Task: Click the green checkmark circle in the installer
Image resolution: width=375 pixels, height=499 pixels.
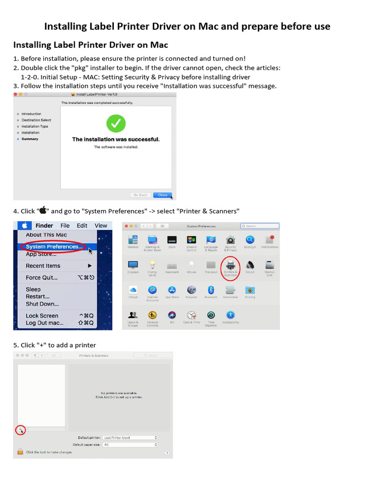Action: (116, 123)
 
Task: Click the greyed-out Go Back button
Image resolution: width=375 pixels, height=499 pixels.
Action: (140, 195)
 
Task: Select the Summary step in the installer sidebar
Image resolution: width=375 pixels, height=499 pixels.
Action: (30, 139)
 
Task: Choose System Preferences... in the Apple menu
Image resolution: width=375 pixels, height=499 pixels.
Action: (54, 247)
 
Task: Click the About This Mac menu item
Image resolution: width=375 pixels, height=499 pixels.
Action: (46, 235)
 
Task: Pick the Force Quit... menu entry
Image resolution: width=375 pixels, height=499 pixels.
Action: (42, 278)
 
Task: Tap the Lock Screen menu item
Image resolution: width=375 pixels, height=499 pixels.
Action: (42, 316)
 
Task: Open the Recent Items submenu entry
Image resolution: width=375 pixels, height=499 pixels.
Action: (43, 266)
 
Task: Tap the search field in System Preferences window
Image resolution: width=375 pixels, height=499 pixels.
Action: (260, 226)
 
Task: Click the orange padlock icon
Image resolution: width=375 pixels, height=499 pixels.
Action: (20, 452)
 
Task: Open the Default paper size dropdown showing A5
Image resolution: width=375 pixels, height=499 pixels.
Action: (130, 445)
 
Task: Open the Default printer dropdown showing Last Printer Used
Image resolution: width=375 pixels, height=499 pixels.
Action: (130, 438)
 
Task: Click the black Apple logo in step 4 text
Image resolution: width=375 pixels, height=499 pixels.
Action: (42, 211)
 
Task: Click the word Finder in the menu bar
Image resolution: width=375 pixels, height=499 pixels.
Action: (44, 226)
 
